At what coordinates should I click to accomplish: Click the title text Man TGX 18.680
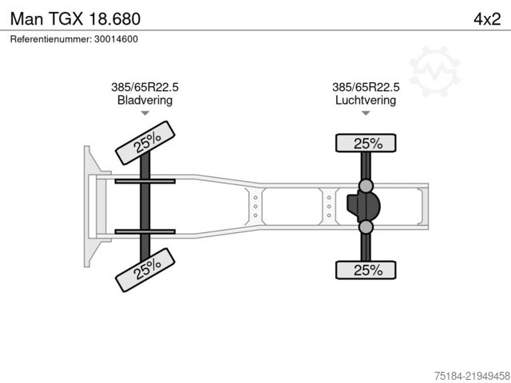tap(75, 19)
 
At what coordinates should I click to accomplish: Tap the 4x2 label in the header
tap(487, 19)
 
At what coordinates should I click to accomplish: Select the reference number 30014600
tap(116, 39)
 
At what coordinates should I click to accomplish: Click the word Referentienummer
tap(51, 39)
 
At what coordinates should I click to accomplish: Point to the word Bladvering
tap(145, 100)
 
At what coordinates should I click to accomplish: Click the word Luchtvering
tap(366, 100)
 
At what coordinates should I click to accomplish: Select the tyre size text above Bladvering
tap(145, 87)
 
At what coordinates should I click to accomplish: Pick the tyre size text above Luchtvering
tap(366, 87)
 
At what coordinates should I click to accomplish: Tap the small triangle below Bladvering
tap(145, 113)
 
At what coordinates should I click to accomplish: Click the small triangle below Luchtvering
tap(366, 113)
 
